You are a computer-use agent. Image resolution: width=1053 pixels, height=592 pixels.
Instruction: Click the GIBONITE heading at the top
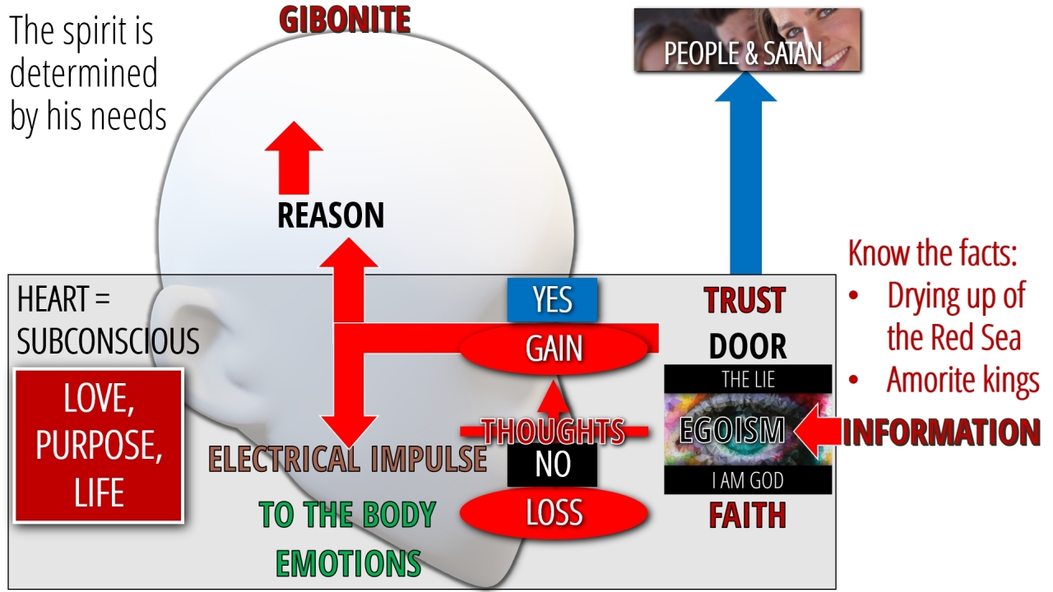point(345,20)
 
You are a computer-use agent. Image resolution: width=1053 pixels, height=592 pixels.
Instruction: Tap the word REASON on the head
point(331,215)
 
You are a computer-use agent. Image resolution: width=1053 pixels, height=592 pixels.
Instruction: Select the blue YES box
point(552,300)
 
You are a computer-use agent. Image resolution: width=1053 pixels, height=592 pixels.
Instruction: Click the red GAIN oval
point(554,349)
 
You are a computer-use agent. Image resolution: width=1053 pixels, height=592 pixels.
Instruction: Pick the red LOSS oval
point(554,513)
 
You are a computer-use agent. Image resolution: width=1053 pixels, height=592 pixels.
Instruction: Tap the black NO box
point(552,465)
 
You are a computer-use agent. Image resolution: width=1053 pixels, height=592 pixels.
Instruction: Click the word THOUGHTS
point(553,430)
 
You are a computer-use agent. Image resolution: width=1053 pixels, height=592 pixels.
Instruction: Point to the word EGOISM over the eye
point(731,430)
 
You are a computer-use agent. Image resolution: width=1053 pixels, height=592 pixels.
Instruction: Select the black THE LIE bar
point(748,379)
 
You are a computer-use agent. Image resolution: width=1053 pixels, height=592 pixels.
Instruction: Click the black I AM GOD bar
point(748,480)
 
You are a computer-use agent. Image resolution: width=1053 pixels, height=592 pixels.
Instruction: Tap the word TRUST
point(745,301)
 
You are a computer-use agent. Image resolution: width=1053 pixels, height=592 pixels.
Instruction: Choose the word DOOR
point(747,346)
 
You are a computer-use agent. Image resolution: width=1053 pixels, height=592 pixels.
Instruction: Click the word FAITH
point(747,515)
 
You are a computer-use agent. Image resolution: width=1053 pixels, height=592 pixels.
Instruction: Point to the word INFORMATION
point(941,432)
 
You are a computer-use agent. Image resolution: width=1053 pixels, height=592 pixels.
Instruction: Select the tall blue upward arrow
point(745,173)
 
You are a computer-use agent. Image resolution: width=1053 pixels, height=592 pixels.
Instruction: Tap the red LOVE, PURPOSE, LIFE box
point(99,446)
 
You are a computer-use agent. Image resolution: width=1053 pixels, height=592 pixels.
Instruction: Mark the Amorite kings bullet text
point(963,380)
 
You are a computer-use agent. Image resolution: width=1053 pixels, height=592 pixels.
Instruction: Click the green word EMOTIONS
point(348,563)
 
